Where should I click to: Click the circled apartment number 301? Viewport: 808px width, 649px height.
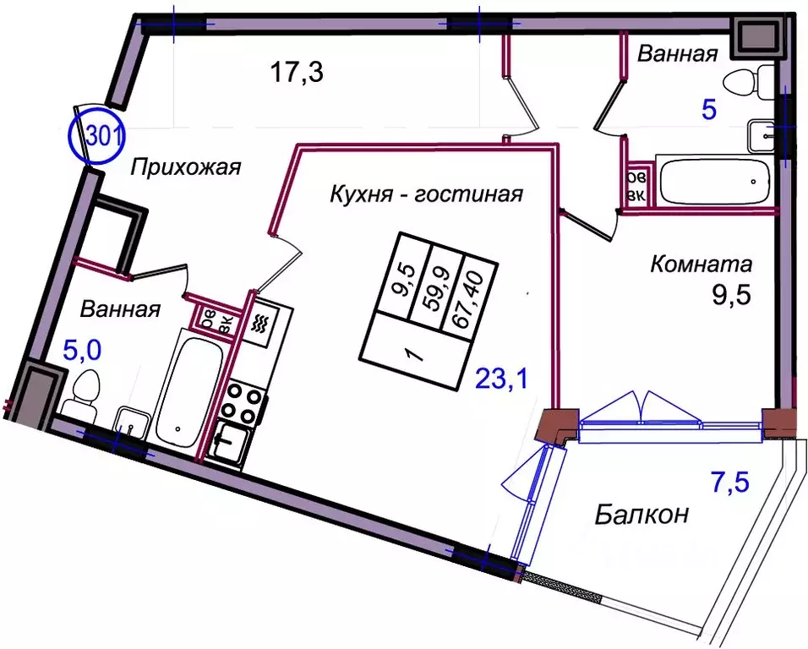[96, 137]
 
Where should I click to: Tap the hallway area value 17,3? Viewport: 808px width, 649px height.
[298, 73]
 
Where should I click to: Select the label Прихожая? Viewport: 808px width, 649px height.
[186, 167]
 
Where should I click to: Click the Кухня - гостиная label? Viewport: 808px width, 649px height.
[426, 194]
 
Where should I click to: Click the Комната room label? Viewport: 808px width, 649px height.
[701, 265]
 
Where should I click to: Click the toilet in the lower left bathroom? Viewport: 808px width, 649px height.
[83, 396]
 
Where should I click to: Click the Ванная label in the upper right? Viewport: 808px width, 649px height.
[677, 55]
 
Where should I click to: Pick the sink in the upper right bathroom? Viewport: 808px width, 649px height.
[766, 134]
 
